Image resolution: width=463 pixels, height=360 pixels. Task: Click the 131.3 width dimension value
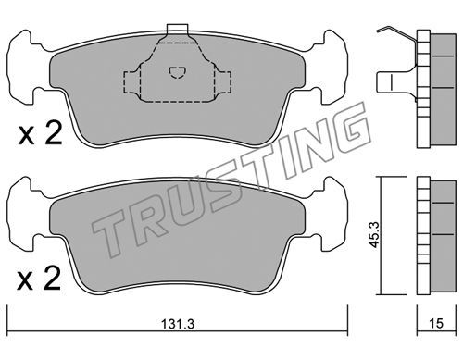pos(178,324)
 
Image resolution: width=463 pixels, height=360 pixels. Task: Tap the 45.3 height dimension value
pos(375,234)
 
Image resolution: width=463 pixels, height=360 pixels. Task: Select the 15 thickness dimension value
pos(436,323)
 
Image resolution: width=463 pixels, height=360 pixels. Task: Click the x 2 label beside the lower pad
pos(39,279)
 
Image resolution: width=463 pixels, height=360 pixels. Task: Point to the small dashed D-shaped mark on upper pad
pos(178,73)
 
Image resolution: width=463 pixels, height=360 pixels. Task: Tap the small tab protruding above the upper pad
pos(177,28)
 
